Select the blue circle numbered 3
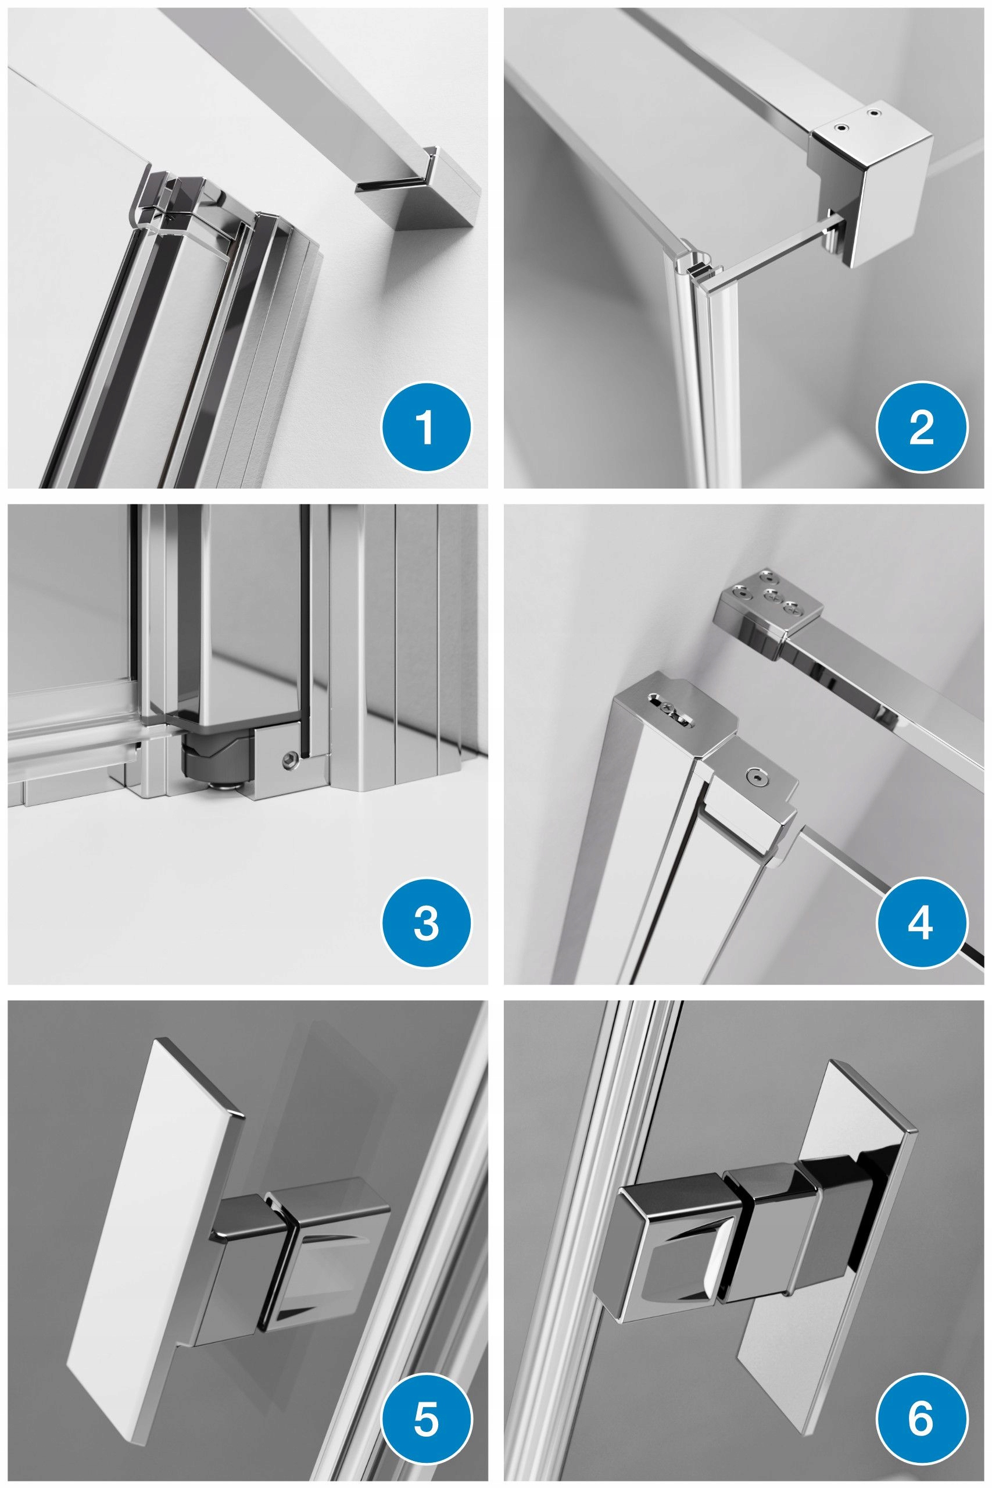point(426,923)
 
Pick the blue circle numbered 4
point(922,923)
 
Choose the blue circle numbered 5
point(426,1419)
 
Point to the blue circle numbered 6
point(922,1419)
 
